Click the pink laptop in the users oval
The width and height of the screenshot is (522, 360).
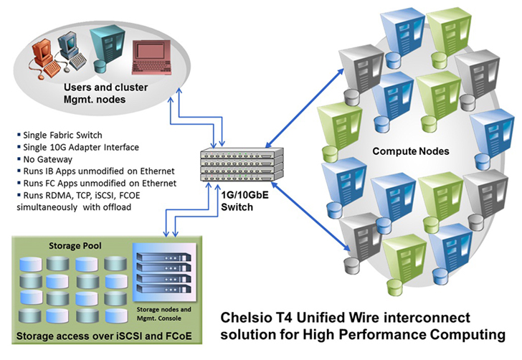(x=152, y=57)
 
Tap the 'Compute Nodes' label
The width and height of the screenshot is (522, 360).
(x=410, y=151)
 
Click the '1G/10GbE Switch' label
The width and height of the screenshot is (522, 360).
(x=245, y=201)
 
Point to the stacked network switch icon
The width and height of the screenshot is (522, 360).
(x=242, y=164)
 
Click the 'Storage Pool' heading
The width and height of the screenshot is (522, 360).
(x=75, y=246)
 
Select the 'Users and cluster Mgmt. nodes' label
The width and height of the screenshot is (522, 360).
(x=105, y=93)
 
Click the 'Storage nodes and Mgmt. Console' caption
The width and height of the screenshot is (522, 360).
(x=163, y=313)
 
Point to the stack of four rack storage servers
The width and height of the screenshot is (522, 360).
(x=164, y=273)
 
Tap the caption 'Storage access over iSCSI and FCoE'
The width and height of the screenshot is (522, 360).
(x=104, y=336)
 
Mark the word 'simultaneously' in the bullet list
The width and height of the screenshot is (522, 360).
(x=47, y=207)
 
